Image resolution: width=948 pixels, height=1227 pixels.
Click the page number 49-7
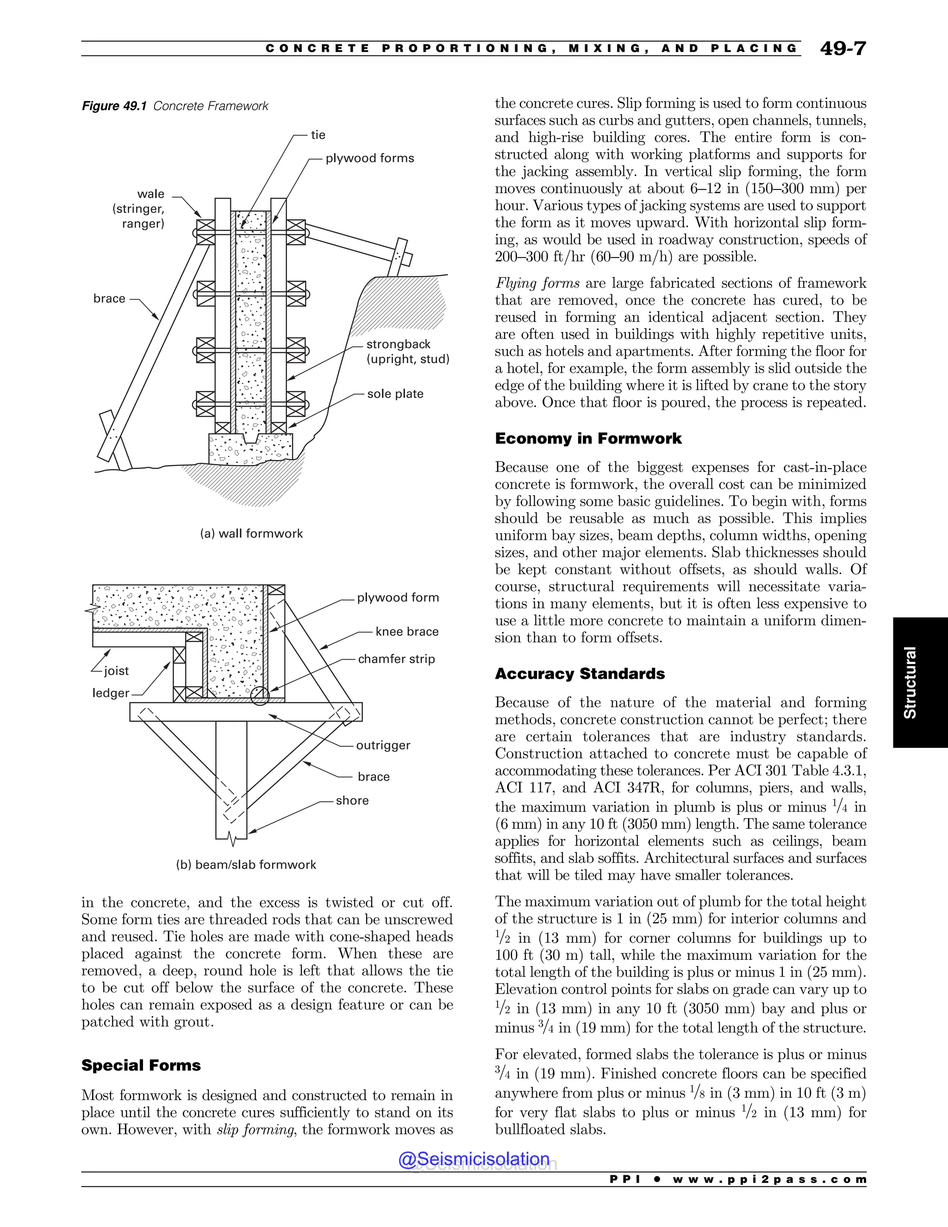842,49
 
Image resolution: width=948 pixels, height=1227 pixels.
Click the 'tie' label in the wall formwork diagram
318,135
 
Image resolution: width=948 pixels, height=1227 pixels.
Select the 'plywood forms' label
369,158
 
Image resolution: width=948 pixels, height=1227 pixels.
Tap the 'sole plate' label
395,394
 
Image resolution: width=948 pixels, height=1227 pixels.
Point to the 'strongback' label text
398,344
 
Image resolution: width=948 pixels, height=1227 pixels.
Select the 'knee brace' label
406,632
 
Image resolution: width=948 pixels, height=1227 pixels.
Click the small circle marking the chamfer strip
260,696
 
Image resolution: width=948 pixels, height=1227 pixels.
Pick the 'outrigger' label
383,745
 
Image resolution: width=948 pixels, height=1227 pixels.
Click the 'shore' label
352,801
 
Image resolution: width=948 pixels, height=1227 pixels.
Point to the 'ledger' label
111,693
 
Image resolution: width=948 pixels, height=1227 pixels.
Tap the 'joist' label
116,671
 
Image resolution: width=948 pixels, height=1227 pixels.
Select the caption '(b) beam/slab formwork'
246,864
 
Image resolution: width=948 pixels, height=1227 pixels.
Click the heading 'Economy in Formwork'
588,439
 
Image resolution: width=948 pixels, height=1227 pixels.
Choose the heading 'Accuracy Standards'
580,674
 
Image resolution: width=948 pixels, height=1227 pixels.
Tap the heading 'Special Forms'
141,1065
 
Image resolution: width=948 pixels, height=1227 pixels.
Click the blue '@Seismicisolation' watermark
474,1159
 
